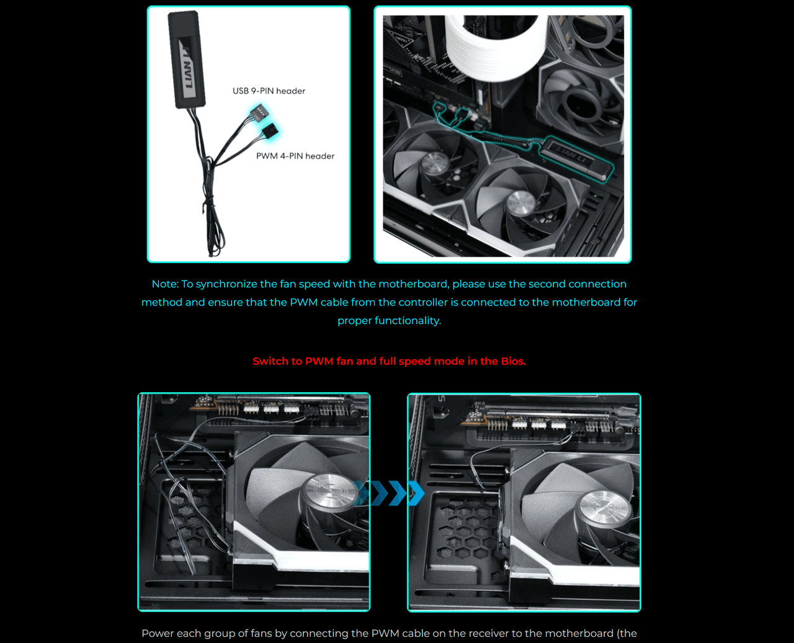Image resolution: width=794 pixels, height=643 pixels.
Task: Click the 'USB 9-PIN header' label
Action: tap(269, 91)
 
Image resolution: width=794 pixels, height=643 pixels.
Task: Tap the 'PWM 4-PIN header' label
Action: tap(295, 156)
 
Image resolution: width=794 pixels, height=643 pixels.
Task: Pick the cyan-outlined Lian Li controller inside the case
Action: tap(575, 158)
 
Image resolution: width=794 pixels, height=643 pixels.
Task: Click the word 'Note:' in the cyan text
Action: tap(165, 284)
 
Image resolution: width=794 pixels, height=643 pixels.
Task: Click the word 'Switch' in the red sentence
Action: tap(269, 361)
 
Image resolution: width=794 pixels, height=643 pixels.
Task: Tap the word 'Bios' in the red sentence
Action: tap(512, 361)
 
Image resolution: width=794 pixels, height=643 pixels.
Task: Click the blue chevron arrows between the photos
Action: tap(389, 493)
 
